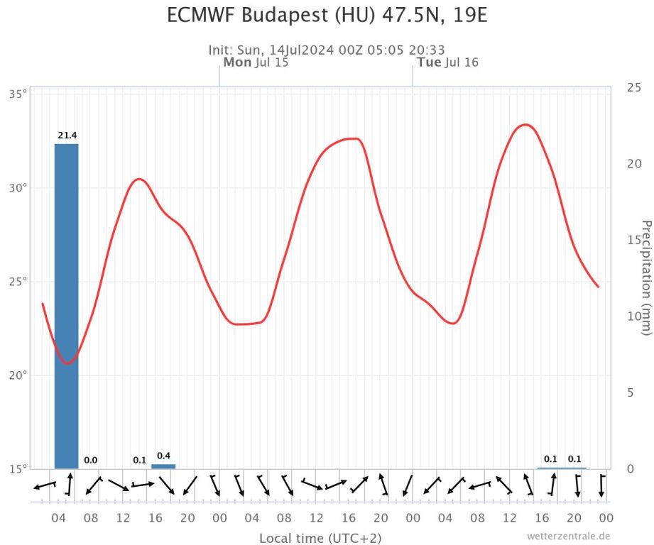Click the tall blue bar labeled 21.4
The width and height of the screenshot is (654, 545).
click(67, 305)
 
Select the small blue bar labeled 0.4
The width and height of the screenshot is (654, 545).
click(163, 466)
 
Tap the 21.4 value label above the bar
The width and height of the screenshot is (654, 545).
click(67, 135)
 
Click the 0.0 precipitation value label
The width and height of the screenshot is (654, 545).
click(91, 460)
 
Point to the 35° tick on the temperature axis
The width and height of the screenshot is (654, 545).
click(18, 94)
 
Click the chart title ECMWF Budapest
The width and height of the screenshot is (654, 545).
click(327, 15)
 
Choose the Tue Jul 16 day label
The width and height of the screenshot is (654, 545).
click(447, 62)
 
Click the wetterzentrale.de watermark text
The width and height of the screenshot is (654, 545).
click(568, 536)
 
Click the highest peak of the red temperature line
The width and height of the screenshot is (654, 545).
click(525, 125)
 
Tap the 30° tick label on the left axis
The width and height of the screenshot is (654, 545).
click(18, 188)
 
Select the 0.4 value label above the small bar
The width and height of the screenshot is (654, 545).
click(163, 456)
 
